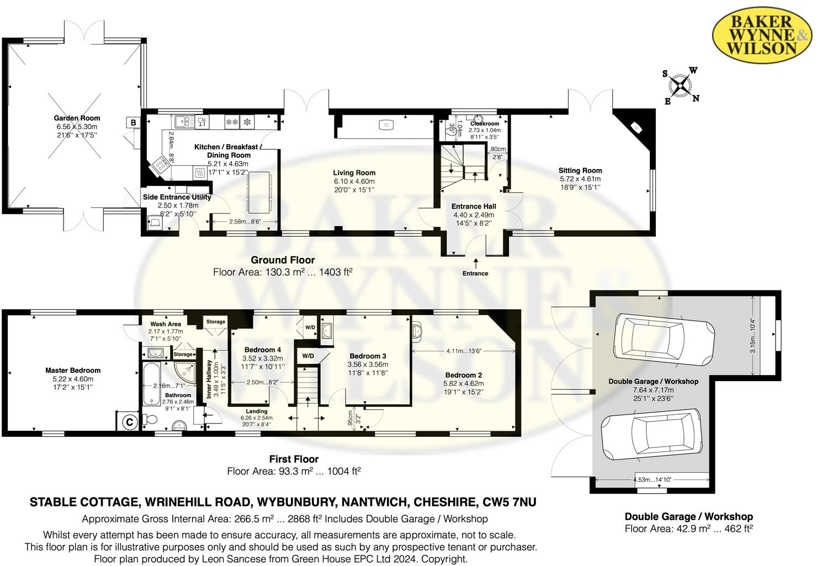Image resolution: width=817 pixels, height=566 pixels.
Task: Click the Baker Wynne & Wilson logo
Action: (762, 36)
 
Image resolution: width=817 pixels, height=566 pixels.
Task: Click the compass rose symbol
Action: (681, 86)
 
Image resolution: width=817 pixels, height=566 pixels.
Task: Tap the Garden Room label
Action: (77, 118)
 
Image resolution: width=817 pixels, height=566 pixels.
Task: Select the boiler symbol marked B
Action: (133, 123)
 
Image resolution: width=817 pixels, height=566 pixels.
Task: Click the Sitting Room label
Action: (580, 171)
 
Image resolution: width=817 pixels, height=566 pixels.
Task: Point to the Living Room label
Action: (354, 173)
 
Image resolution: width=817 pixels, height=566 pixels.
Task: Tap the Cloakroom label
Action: (484, 124)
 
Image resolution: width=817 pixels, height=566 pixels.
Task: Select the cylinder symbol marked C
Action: (129, 422)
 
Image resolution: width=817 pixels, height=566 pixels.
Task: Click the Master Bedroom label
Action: (73, 371)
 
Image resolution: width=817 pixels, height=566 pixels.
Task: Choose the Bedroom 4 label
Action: (263, 350)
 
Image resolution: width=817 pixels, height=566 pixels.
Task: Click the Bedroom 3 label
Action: (368, 356)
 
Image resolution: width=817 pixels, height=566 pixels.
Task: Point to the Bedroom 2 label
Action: (464, 375)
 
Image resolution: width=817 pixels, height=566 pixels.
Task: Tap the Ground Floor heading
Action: (283, 260)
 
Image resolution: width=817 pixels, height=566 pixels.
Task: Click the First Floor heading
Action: (294, 459)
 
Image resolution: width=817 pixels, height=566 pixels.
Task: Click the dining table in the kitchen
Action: (259, 192)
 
